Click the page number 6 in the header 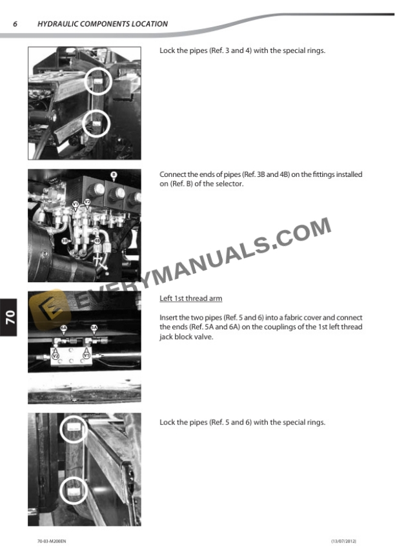[x=15, y=24]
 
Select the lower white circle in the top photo [x=96, y=122]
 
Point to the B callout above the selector [x=114, y=174]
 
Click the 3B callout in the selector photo [x=65, y=240]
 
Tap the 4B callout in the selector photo [x=97, y=242]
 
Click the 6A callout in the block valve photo [x=63, y=328]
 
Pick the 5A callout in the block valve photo [x=94, y=328]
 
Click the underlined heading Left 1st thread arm [x=190, y=298]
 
